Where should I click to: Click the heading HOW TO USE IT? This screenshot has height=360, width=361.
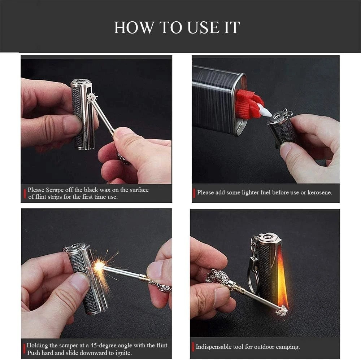pos(177,28)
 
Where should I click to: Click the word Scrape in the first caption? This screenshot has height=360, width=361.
pos(55,190)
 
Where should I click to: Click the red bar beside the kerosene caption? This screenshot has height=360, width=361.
pos(194,192)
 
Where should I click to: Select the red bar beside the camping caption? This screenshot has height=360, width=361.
pos(193,347)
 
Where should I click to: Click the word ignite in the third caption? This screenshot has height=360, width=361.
pos(123,353)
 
